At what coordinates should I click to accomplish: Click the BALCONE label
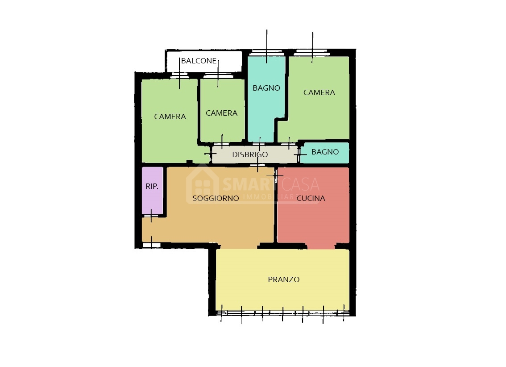[199, 61]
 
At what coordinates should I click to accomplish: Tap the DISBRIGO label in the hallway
[250, 154]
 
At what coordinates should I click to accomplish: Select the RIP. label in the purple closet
[152, 186]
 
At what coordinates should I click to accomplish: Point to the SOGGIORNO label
[216, 198]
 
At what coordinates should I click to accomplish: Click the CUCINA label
[311, 198]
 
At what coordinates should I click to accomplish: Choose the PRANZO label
[284, 279]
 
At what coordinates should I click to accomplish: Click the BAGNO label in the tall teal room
[266, 88]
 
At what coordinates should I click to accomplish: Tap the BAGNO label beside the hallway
[325, 152]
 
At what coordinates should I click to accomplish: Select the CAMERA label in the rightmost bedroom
[319, 92]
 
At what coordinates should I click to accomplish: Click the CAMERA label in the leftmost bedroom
[170, 117]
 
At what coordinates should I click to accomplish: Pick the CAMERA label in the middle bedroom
[221, 113]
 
